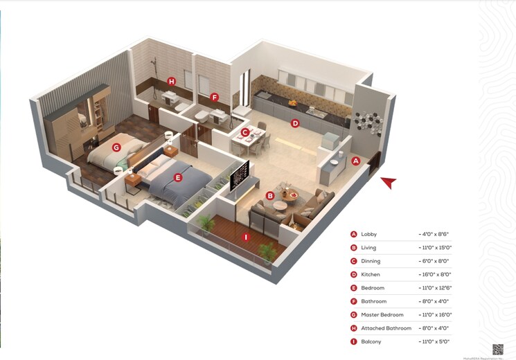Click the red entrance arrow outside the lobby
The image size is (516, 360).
point(389,182)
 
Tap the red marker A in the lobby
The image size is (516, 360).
point(356,161)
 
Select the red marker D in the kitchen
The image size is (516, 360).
point(295,124)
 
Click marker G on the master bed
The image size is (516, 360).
point(116,147)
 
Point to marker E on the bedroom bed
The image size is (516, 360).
point(178,178)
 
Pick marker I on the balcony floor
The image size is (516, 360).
point(245,237)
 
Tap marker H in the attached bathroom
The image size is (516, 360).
point(172,82)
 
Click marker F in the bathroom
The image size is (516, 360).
point(215,98)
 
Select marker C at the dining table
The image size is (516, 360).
point(245,132)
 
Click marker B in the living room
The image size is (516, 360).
point(270,196)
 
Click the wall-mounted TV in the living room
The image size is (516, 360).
point(240,176)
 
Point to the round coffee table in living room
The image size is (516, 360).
point(287,197)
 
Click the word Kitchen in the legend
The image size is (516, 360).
point(371,275)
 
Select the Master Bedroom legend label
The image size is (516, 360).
point(382,315)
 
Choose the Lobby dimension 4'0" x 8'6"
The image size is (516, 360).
point(434,235)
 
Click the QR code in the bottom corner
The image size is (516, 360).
point(498,350)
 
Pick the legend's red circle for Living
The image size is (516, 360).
point(353,248)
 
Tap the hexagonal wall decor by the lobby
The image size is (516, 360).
point(367,120)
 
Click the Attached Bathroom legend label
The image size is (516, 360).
point(386,328)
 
